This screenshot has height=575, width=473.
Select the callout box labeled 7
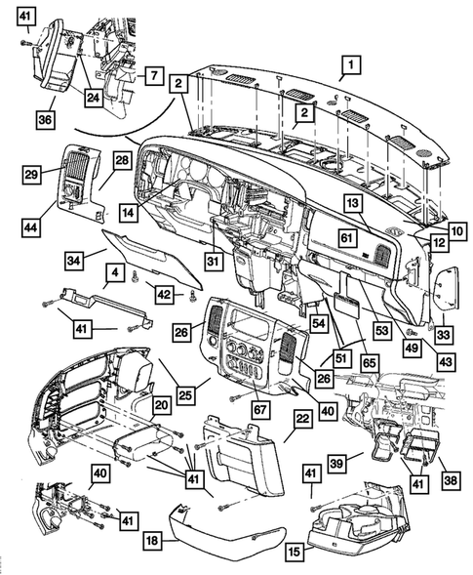coord(152,75)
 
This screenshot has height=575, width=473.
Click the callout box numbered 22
coord(302,418)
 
